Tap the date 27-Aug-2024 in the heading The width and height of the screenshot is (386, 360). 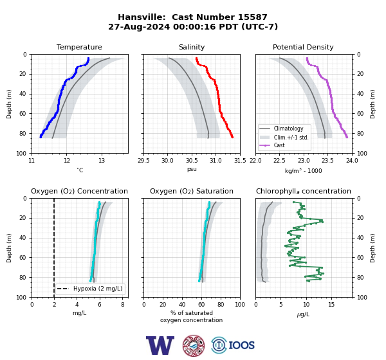point(139,26)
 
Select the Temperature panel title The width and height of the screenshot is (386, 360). point(79,47)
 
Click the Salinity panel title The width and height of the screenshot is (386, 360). point(192,47)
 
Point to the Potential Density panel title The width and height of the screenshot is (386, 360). point(303,47)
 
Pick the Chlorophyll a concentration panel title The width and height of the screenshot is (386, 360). point(304,191)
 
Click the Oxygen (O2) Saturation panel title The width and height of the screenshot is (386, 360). point(192,191)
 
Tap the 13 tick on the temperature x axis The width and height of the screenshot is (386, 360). point(102,161)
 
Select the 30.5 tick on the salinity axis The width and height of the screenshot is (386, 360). point(192,161)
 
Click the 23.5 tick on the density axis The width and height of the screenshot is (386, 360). point(327,161)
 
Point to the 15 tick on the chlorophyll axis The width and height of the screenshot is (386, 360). point(331,305)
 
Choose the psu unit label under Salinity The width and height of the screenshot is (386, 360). point(192,169)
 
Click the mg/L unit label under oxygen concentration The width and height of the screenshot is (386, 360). point(79,313)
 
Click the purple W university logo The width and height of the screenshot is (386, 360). point(160,345)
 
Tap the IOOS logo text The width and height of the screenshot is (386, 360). point(241,345)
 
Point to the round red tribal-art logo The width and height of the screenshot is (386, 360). point(194,345)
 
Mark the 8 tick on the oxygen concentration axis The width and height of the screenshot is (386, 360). point(123,305)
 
